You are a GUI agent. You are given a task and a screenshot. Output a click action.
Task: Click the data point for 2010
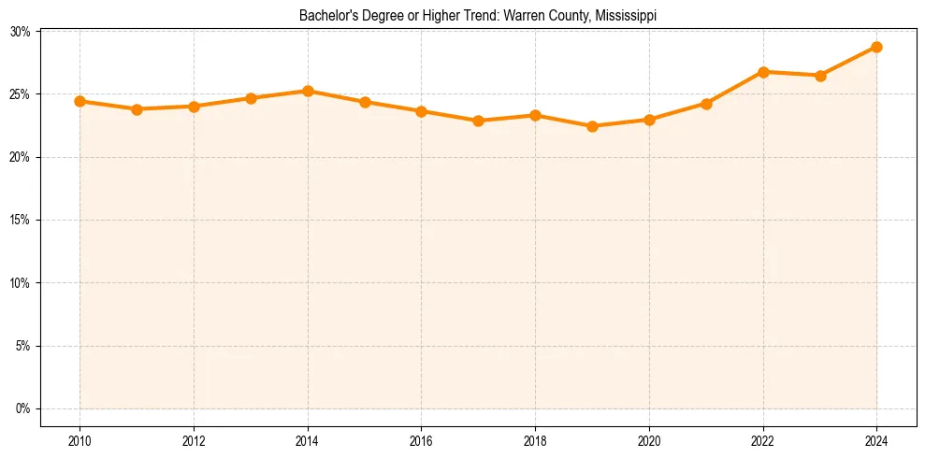[79, 101]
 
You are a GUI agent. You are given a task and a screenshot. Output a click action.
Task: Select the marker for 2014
[308, 91]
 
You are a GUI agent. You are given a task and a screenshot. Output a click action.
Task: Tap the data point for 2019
[592, 126]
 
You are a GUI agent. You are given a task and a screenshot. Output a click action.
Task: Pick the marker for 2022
[763, 72]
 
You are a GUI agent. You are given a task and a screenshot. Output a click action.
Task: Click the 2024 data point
[876, 47]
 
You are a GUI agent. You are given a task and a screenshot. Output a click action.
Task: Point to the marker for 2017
[478, 121]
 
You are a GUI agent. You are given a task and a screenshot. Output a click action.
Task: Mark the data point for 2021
[706, 104]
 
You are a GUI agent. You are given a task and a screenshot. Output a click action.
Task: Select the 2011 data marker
[137, 109]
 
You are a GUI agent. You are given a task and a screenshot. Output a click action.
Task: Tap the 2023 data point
[820, 76]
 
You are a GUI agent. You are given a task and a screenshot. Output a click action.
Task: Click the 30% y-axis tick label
[21, 32]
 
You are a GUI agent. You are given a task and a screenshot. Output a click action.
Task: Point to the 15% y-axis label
[21, 221]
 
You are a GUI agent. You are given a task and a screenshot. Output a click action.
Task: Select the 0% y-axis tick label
[23, 408]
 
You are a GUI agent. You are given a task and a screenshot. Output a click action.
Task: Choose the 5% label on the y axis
[23, 346]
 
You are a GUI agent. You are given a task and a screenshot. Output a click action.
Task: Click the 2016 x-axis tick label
[421, 440]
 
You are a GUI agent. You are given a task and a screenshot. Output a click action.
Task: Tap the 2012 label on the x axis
[194, 440]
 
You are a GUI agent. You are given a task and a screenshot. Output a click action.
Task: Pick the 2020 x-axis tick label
[649, 440]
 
